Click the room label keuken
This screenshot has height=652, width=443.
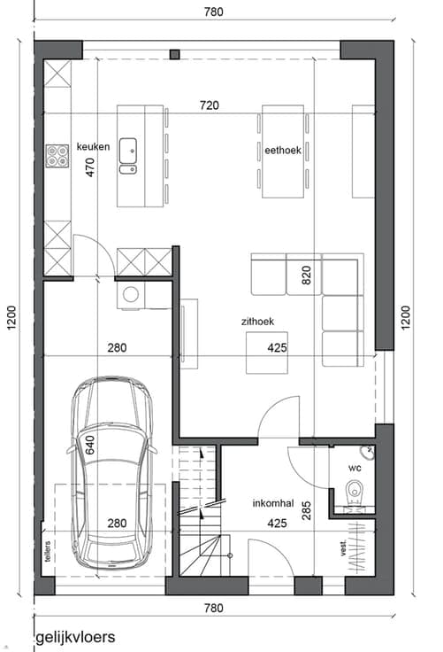pos(94,147)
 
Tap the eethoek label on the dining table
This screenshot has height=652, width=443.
pos(283,150)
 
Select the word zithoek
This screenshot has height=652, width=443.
pos(257,322)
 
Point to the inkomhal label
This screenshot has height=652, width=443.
pos(272,503)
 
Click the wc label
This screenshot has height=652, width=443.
pos(355,469)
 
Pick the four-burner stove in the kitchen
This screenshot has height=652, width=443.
pos(57,156)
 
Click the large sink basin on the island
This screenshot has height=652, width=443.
pos(128,151)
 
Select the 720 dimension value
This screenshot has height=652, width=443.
pos(209,105)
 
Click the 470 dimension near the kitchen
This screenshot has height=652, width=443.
pos(90,167)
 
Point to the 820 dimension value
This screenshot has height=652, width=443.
pos(307,275)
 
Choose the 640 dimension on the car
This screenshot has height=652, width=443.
pos(90,445)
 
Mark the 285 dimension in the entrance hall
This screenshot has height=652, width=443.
pos(307,510)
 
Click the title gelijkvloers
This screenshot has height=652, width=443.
pos(75,637)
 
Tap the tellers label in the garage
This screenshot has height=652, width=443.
pos(48,551)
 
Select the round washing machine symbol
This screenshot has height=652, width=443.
pos(131,295)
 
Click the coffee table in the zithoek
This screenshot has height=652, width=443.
pos(267,353)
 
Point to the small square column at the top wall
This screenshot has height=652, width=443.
pos(175,54)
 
